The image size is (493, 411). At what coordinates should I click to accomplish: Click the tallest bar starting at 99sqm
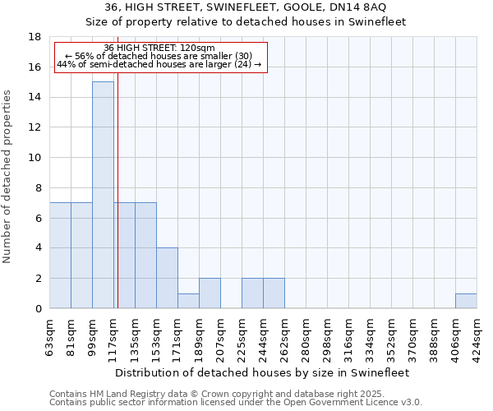(103, 195)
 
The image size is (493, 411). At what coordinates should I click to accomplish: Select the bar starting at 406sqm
(466, 301)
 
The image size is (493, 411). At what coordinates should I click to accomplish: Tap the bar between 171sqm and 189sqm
(188, 301)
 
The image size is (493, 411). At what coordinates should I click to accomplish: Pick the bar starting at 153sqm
(167, 278)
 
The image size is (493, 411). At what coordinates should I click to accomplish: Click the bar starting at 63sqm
(60, 255)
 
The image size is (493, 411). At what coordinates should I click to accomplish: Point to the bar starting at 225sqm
(252, 293)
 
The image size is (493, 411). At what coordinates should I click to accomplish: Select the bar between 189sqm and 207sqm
(210, 293)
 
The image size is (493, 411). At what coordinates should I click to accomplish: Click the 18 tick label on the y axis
(35, 37)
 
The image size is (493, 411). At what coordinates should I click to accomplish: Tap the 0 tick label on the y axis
(39, 309)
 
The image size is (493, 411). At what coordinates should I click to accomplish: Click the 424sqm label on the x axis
(477, 335)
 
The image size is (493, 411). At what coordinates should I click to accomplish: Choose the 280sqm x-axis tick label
(306, 335)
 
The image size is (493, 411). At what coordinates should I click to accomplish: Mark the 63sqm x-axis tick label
(50, 335)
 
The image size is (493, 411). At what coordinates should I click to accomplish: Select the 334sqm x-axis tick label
(370, 335)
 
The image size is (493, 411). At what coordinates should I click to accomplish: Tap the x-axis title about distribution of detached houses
(261, 372)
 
